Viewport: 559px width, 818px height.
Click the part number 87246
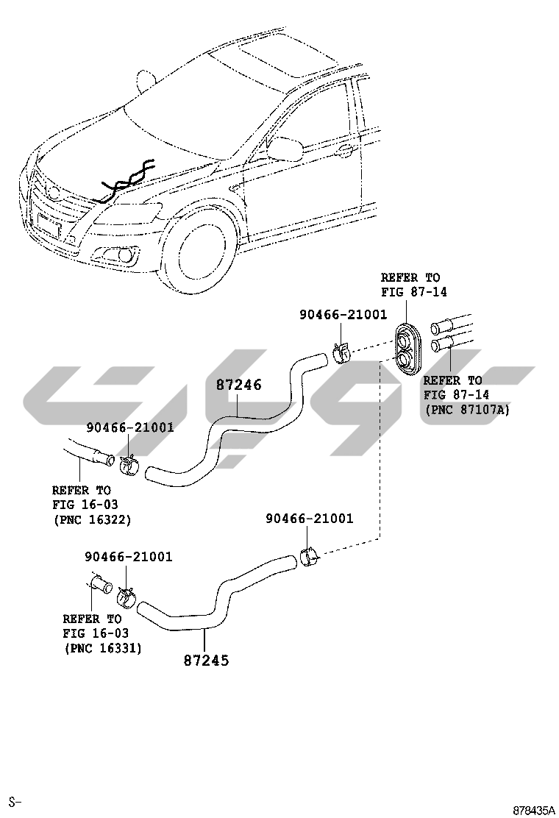pyautogui.click(x=239, y=385)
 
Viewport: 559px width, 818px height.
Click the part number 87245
pyautogui.click(x=206, y=661)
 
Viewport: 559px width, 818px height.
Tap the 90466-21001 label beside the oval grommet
pyautogui.click(x=343, y=314)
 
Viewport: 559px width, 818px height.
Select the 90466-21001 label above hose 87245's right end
pyautogui.click(x=309, y=519)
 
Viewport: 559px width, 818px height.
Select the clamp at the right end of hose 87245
pyautogui.click(x=309, y=557)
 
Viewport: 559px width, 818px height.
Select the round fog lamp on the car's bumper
pyautogui.click(x=124, y=256)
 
